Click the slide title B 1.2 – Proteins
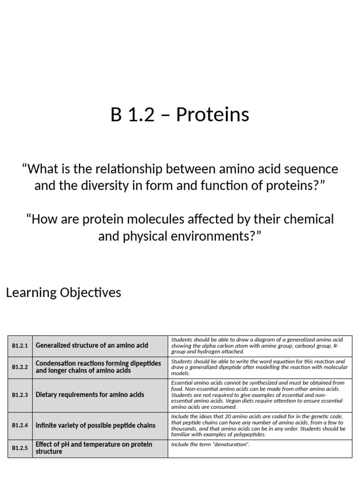pos(180,115)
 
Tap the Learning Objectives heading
pos(63,292)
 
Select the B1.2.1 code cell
pos(20,346)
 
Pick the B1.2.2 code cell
pos(20,367)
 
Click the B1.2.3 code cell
pos(20,395)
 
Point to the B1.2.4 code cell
pos(20,426)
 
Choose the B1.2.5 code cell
pos(20,448)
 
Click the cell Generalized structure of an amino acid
pos(92,345)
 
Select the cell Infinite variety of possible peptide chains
pos(96,426)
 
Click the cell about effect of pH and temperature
pos(94,448)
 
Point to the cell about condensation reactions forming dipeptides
pos(98,367)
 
